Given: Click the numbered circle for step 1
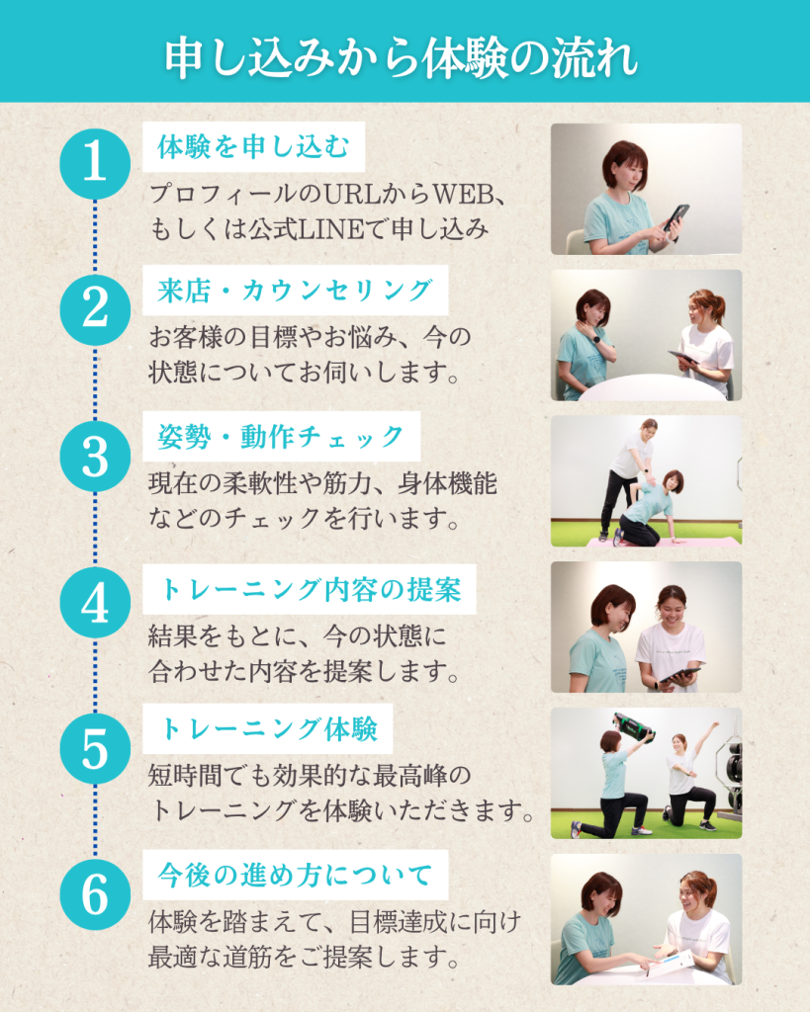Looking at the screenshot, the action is [x=95, y=163].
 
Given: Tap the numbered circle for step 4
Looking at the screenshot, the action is [x=95, y=602].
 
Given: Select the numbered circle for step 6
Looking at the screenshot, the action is [x=95, y=894].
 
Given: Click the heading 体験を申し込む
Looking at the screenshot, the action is [x=254, y=147].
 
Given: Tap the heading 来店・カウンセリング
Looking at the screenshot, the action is [x=295, y=291].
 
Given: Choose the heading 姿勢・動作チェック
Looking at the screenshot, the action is [x=281, y=437].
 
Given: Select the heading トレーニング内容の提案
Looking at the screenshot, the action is [x=310, y=589].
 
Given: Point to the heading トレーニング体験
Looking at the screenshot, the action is [x=268, y=728].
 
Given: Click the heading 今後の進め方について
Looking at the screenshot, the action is [x=295, y=876].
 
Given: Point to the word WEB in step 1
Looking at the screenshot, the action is [x=463, y=194].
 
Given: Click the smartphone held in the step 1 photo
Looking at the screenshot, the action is [x=676, y=218].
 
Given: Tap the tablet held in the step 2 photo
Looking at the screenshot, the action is [x=682, y=357].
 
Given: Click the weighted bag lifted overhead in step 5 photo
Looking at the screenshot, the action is [x=634, y=727].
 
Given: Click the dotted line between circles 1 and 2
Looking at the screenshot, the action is [x=95, y=236].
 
